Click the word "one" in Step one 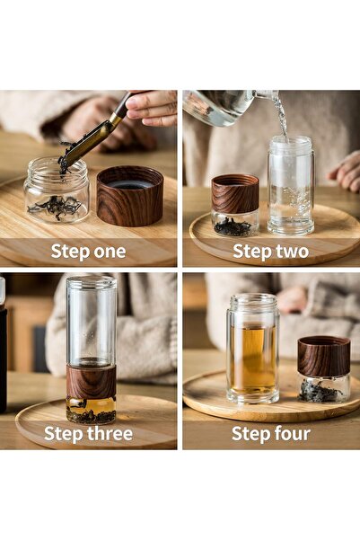pos(109,252)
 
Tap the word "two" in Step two pos(290,252)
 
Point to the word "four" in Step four pos(291,434)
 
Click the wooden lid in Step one pos(130,196)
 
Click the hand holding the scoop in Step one pos(151,108)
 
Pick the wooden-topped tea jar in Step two pos(234,205)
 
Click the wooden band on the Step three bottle pos(91,380)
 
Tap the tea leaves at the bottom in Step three pos(91,414)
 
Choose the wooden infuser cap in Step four pos(323,356)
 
